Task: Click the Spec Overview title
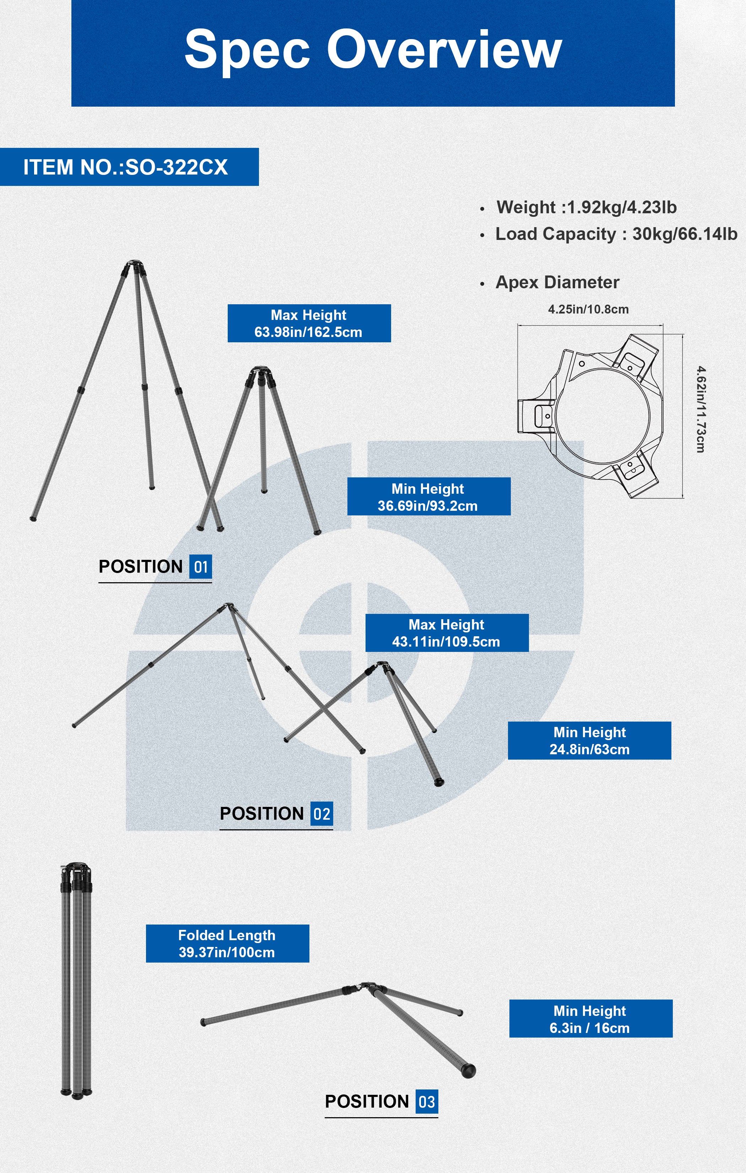(373, 49)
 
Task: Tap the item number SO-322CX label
(126, 167)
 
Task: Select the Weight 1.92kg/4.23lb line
(586, 207)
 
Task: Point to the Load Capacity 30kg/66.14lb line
(616, 234)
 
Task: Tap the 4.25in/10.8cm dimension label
(588, 309)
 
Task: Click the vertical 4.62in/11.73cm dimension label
(700, 409)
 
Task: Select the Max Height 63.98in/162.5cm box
(309, 323)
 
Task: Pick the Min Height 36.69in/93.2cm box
(428, 497)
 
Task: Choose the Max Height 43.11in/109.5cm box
(447, 633)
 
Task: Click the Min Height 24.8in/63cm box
(589, 740)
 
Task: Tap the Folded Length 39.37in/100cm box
(227, 944)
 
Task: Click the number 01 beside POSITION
(201, 567)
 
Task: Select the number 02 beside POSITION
(321, 814)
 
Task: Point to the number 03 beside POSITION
(427, 1102)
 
